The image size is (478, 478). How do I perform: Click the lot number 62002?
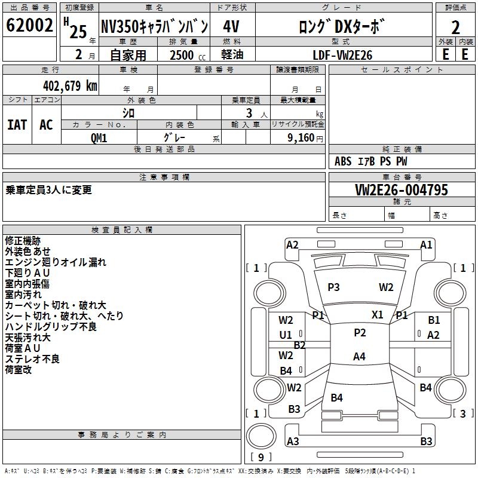pyautogui.click(x=29, y=25)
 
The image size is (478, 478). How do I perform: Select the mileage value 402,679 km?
pyautogui.click(x=70, y=86)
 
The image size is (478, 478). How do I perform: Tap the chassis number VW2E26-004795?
pyautogui.click(x=402, y=190)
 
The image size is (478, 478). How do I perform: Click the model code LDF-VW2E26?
pyautogui.click(x=342, y=55)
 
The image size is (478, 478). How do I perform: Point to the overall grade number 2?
pyautogui.click(x=455, y=27)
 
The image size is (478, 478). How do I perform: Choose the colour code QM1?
pyautogui.click(x=99, y=138)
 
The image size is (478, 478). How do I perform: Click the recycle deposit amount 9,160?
pyautogui.click(x=301, y=138)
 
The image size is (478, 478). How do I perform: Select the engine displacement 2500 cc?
pyautogui.click(x=188, y=55)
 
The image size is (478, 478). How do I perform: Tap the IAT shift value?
pyautogui.click(x=17, y=125)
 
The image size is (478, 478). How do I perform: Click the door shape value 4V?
pyautogui.click(x=231, y=26)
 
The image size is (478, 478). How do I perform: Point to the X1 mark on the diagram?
pyautogui.click(x=378, y=315)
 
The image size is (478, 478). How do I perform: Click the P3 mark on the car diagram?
pyautogui.click(x=333, y=287)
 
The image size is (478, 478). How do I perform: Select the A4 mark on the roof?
pyautogui.click(x=359, y=356)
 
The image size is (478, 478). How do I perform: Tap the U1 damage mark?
pyautogui.click(x=286, y=335)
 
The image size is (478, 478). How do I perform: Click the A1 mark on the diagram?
pyautogui.click(x=426, y=245)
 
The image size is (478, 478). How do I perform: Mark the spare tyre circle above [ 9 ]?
pyautogui.click(x=261, y=436)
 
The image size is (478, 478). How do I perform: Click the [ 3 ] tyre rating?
pyautogui.click(x=463, y=413)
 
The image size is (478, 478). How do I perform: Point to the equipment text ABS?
pyautogui.click(x=343, y=161)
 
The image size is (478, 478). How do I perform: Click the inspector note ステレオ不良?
pyautogui.click(x=32, y=359)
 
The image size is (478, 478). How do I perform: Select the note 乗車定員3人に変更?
pyautogui.click(x=48, y=190)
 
